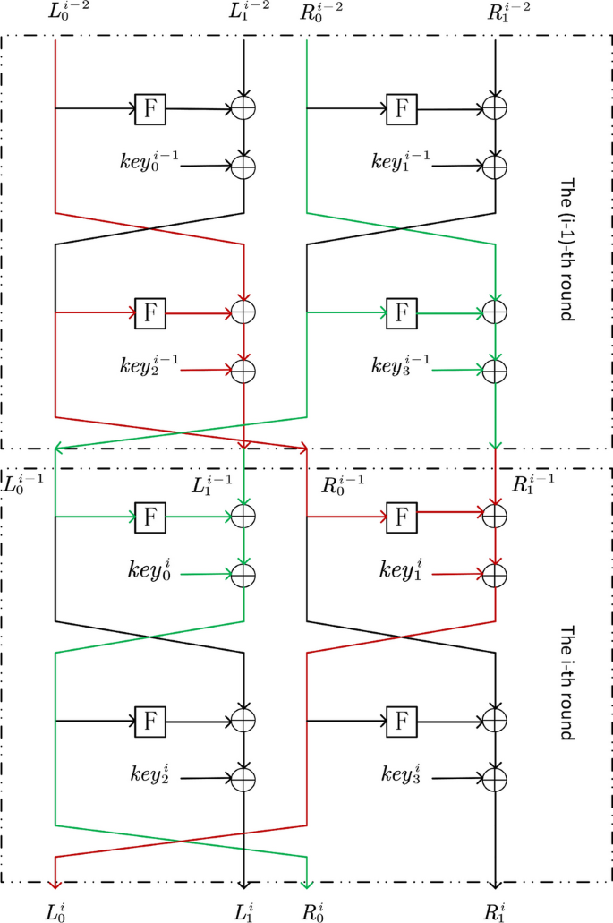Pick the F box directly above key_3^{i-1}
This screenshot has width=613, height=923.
point(401,312)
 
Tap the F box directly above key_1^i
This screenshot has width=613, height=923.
point(401,516)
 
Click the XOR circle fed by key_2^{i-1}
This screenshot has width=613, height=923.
point(244,368)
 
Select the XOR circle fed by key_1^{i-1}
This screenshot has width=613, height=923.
point(496,166)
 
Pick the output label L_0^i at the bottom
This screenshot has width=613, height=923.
point(55,911)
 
